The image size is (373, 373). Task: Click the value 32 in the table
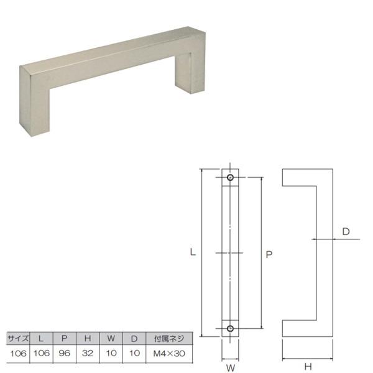(88, 353)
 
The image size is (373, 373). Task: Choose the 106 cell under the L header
(41, 353)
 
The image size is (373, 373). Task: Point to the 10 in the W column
(111, 353)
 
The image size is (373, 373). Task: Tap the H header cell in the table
(88, 339)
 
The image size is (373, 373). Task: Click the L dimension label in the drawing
(193, 252)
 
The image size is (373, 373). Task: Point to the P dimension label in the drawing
(269, 254)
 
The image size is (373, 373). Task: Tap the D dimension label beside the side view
(346, 232)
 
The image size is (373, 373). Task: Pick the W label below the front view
(230, 367)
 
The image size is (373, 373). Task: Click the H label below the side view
(308, 367)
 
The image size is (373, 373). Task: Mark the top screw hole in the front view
(231, 178)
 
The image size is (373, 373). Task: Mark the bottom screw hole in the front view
(231, 328)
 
